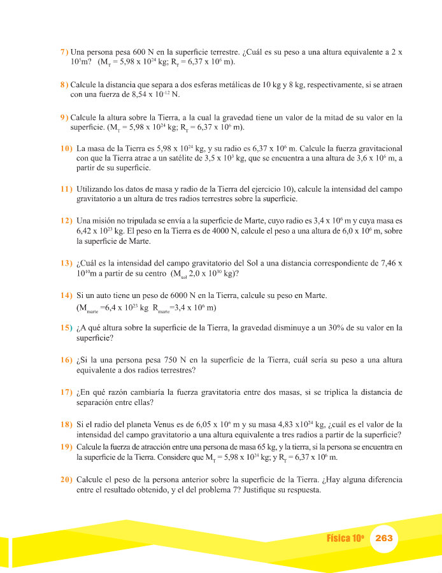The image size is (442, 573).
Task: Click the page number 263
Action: [384, 538]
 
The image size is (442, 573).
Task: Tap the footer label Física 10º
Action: [345, 538]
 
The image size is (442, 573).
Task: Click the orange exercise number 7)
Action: [64, 52]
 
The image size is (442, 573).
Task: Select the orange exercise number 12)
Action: [66, 220]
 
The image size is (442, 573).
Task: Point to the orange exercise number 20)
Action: [66, 478]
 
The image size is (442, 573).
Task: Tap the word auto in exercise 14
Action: [109, 296]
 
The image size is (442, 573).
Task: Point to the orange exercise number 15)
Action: [66, 329]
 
